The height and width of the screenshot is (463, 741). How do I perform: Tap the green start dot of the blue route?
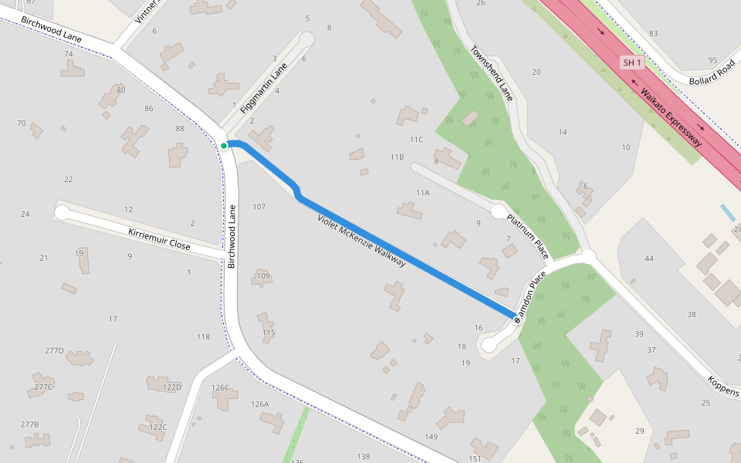[224, 145]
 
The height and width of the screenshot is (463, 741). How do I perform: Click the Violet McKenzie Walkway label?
[361, 241]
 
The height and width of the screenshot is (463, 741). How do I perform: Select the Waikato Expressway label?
[671, 117]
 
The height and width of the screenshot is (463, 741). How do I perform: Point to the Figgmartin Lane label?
[263, 89]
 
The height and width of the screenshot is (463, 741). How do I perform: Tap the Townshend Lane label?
[492, 73]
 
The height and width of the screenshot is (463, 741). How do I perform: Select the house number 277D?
[54, 350]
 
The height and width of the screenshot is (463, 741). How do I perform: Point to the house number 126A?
[259, 404]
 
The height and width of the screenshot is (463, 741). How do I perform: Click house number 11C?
[417, 139]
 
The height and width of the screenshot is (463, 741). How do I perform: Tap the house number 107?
[259, 207]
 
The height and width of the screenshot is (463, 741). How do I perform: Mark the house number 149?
[431, 437]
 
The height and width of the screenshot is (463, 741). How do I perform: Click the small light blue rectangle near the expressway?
[727, 212]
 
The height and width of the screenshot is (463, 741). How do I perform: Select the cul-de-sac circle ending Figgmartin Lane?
[306, 39]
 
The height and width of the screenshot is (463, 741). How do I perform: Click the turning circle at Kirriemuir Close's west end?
[62, 211]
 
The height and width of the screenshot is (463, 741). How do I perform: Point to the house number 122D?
[172, 387]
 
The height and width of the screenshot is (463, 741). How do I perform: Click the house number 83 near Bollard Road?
[653, 33]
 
